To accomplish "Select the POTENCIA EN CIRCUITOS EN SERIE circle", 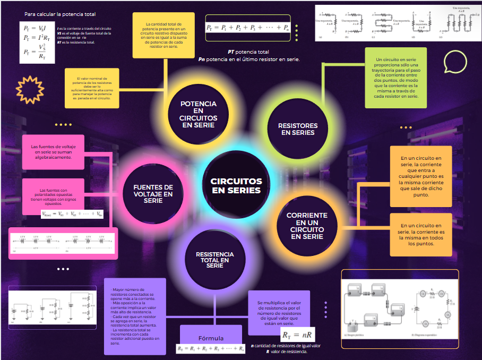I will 197,114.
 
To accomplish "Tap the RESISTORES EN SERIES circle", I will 297,129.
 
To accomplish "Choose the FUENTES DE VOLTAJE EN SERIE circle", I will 153,194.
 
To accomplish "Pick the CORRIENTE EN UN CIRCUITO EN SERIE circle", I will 306,226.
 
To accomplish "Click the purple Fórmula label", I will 211,338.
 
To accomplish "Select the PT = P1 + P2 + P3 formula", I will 247,28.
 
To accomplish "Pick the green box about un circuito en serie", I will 395,78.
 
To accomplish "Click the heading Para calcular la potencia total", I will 59,14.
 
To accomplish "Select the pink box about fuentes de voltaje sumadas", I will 53,152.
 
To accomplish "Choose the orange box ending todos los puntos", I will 420,235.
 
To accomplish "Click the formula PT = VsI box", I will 37,42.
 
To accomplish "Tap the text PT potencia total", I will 248,52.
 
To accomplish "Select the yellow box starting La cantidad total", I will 164,36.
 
